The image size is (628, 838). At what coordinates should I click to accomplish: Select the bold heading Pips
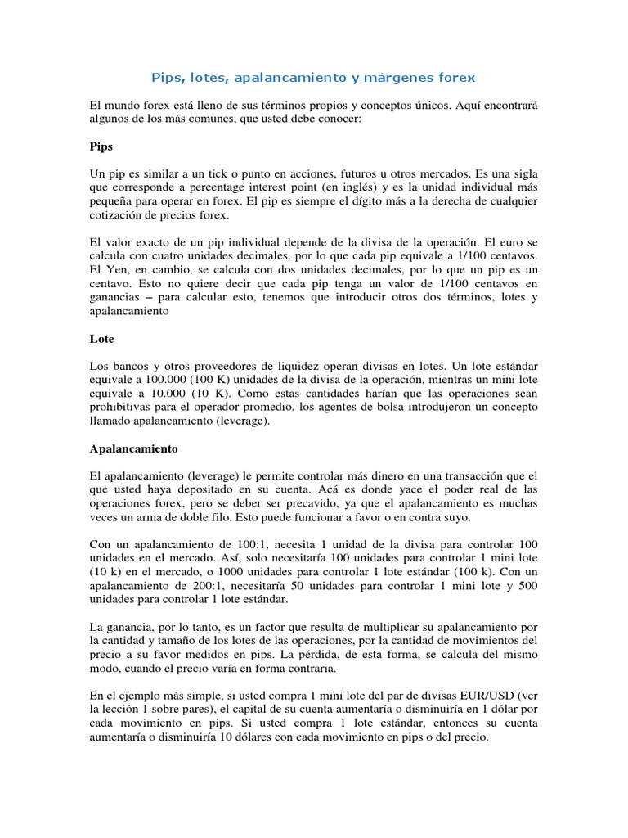(101, 147)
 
